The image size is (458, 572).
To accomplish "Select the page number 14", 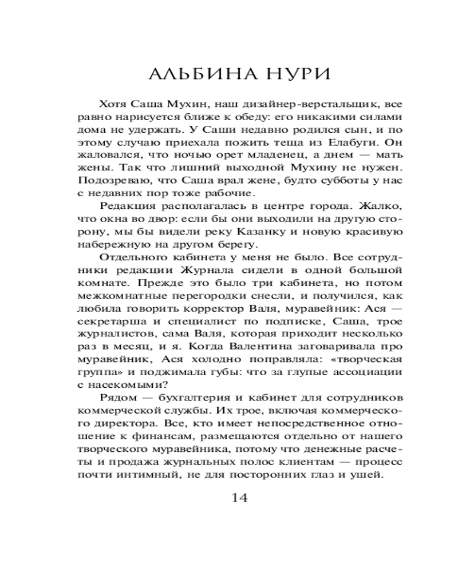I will click(239, 498).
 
